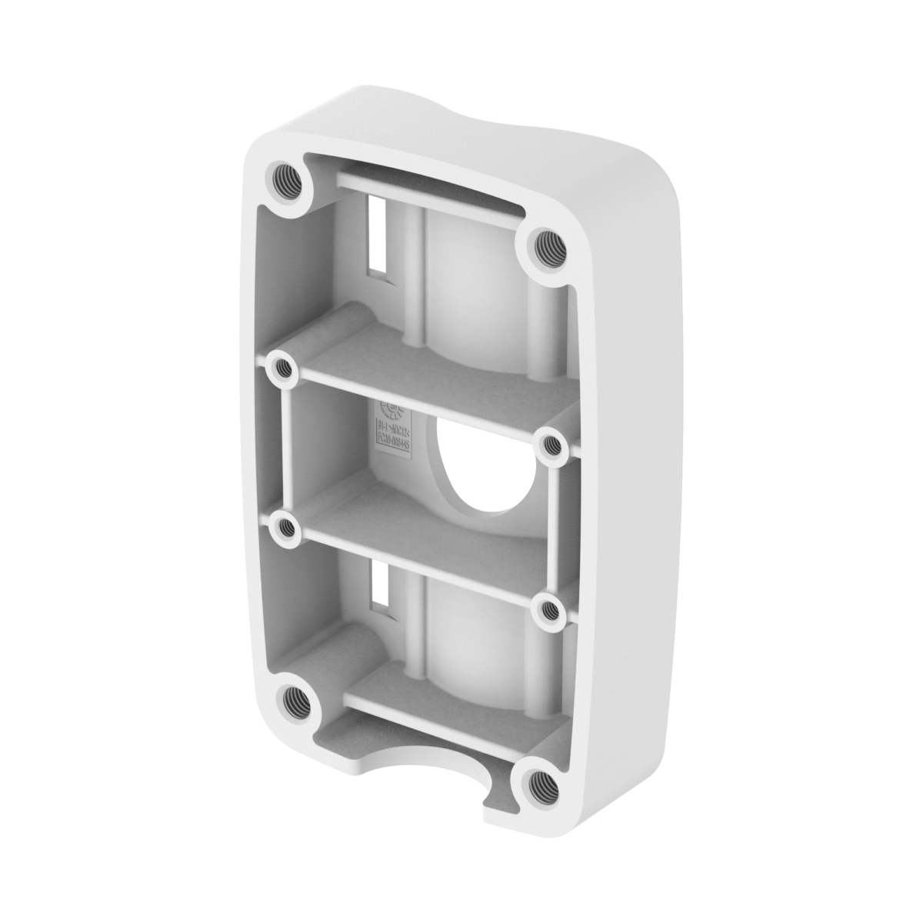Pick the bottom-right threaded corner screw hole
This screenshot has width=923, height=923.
[x=541, y=781]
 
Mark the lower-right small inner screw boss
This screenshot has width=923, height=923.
[x=549, y=610]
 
